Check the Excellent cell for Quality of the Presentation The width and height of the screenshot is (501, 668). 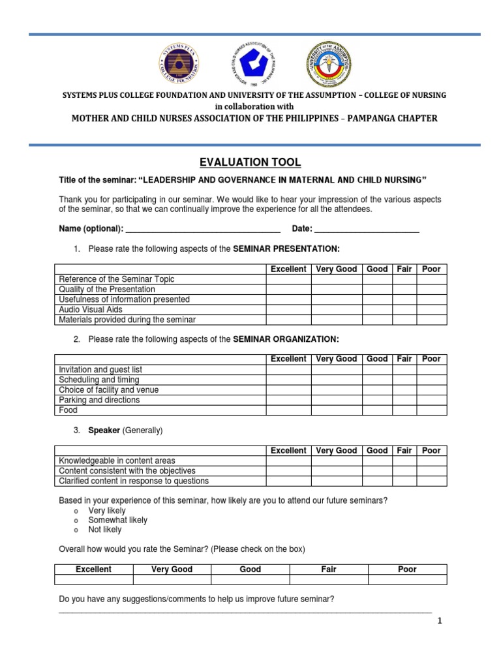pos(288,289)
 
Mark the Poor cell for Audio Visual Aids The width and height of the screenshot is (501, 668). pos(431,310)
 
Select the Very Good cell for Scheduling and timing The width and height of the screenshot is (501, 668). pos(336,380)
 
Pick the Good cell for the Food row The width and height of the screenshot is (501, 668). pos(377,410)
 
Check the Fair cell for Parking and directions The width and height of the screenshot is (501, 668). pos(404,400)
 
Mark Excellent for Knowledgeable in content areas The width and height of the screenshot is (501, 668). pos(288,461)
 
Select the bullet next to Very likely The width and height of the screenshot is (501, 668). pos(76,511)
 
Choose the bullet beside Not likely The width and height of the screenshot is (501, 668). pos(76,530)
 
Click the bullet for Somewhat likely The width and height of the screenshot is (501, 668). pos(76,521)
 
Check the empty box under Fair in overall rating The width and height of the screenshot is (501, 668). pos(329,579)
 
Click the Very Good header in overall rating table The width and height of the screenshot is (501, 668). pos(172,569)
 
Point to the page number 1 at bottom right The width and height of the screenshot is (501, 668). pos(440,621)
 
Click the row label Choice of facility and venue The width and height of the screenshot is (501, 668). pos(108,390)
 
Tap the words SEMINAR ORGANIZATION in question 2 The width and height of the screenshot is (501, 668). pos(286,339)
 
